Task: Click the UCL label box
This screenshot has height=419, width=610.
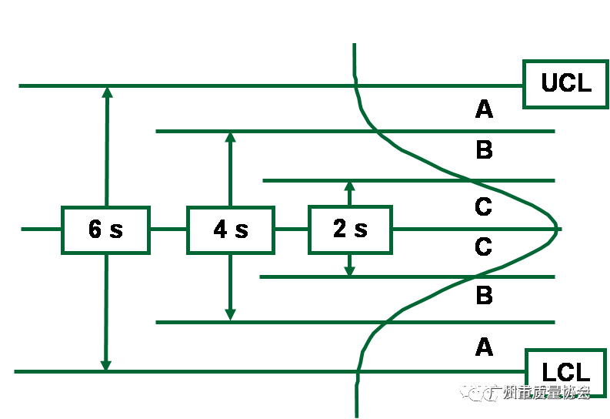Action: [566, 83]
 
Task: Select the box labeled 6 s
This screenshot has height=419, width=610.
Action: [105, 230]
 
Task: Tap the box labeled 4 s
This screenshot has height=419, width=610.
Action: [230, 230]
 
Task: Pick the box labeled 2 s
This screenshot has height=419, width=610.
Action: [350, 229]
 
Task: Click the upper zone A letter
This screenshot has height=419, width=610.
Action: [484, 109]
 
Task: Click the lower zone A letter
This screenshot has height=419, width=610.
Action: [484, 347]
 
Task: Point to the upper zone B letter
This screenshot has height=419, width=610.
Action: [484, 149]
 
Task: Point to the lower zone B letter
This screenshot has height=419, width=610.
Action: [484, 295]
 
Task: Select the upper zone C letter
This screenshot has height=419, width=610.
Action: [484, 206]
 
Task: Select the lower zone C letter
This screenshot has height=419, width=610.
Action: [484, 246]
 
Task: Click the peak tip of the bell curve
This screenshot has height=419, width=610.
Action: [557, 229]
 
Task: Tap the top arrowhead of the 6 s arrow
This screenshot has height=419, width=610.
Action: [107, 92]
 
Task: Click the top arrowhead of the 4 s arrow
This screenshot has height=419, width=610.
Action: [230, 137]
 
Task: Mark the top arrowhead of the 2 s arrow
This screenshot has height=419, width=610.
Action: [349, 186]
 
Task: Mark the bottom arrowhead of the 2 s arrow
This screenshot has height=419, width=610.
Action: [349, 271]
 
